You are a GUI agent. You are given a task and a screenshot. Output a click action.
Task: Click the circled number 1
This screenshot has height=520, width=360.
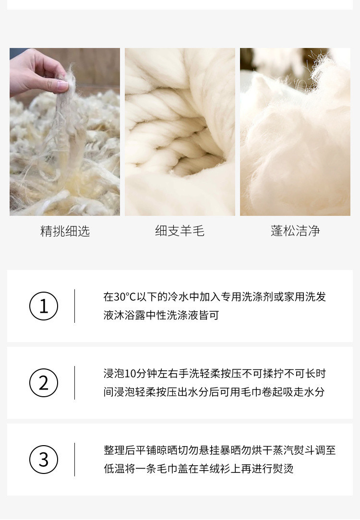[44, 306]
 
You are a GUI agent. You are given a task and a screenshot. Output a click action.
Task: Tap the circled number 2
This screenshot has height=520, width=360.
[44, 383]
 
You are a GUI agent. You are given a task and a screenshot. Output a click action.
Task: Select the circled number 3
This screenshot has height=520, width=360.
[44, 460]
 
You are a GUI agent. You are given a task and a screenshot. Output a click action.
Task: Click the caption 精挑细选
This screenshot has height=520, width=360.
[65, 231]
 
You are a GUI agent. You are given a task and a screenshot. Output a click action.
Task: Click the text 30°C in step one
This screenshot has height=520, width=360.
[125, 297]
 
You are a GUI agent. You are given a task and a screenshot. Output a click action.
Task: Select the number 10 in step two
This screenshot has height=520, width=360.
[131, 374]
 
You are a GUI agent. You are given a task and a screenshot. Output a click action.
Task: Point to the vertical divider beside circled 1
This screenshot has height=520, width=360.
[75, 306]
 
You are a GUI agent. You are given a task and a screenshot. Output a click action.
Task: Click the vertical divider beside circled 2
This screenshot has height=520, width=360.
[75, 383]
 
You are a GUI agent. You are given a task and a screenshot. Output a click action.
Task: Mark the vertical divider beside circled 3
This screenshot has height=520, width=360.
[75, 460]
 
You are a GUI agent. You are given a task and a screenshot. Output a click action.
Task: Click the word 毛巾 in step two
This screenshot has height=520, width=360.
[251, 392]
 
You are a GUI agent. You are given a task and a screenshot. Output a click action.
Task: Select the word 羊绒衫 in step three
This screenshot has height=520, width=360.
[215, 469]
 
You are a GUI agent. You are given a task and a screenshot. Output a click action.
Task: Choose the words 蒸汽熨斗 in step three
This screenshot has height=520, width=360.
[293, 450]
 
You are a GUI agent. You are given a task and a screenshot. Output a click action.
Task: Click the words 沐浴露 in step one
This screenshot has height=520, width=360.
[130, 315]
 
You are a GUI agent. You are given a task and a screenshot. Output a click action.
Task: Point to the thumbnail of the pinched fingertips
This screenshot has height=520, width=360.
[65, 132]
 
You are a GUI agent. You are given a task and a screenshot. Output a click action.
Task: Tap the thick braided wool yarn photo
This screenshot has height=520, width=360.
[180, 132]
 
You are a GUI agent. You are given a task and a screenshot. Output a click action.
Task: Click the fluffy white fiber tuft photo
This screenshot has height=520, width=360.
[295, 132]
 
